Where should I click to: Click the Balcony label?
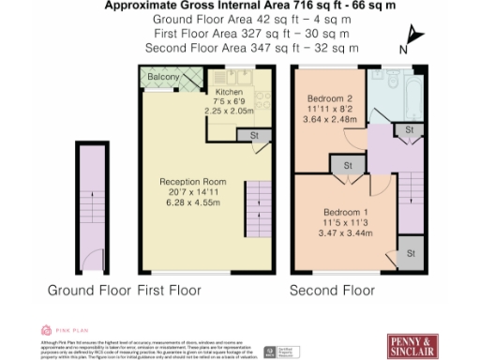coord(163,77)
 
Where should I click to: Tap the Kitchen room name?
coord(230,92)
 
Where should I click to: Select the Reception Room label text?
coord(194,181)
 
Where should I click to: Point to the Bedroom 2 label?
coord(329,98)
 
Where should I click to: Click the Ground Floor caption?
coord(90,290)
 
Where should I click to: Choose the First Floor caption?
coord(170,290)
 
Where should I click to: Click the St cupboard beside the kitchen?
coord(253,136)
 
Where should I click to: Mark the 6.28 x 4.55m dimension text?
coord(194,202)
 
